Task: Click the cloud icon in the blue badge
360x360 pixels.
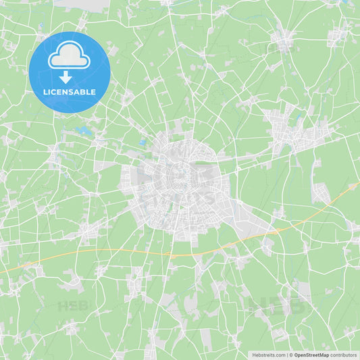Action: click(x=70, y=55)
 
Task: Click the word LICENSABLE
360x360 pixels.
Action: click(x=70, y=92)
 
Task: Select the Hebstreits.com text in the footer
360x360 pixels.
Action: click(x=268, y=355)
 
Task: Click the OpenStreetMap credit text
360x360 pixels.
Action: click(x=311, y=355)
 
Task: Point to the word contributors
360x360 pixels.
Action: click(x=344, y=355)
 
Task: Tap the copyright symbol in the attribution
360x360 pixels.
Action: click(x=290, y=355)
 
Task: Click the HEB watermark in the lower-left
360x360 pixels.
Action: click(x=72, y=305)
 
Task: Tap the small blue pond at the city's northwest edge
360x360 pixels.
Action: click(x=143, y=143)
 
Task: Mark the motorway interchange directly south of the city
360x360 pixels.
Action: click(x=174, y=255)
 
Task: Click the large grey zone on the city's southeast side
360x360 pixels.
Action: click(x=240, y=215)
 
